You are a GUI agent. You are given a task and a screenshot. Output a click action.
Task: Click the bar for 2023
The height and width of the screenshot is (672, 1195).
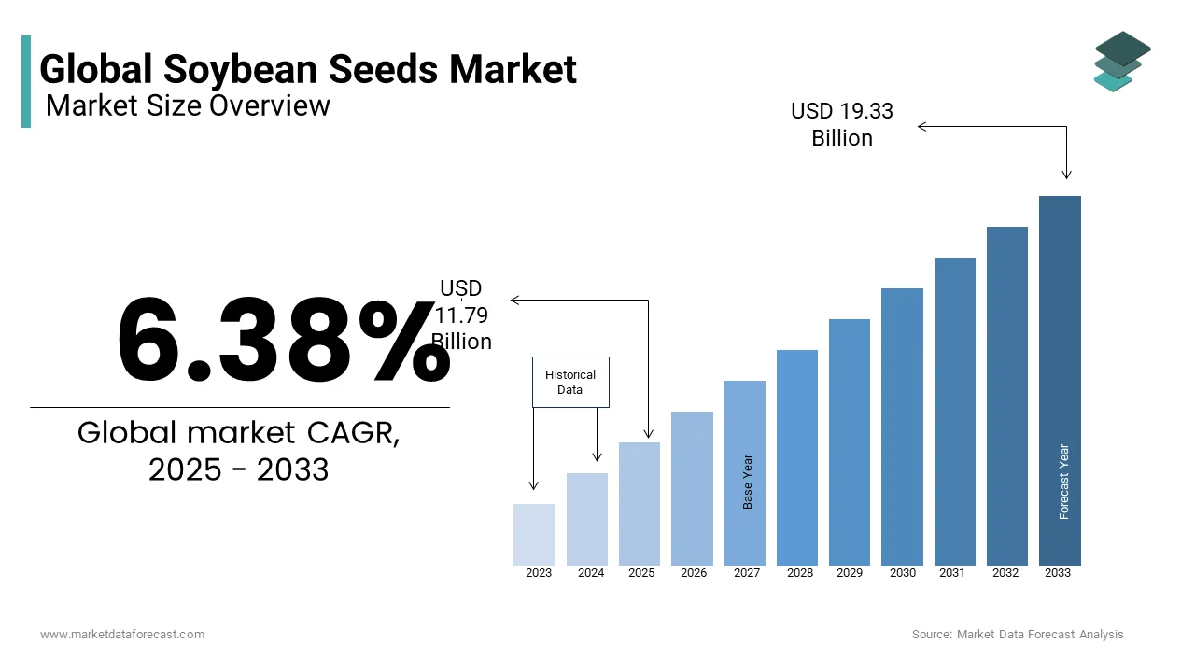coord(534,534)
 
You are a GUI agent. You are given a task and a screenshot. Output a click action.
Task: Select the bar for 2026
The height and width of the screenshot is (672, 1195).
coord(692,488)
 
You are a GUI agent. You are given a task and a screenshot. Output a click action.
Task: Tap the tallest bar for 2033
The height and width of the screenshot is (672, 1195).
coord(1060,380)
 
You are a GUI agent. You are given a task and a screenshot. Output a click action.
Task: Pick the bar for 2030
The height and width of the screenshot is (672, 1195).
coord(902,427)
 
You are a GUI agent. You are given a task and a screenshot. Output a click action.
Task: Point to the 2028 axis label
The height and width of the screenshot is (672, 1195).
coord(800,573)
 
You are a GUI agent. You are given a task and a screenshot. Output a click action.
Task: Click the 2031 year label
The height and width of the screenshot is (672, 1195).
coord(952,573)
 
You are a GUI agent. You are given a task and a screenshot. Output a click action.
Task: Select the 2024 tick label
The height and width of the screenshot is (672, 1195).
coord(591,573)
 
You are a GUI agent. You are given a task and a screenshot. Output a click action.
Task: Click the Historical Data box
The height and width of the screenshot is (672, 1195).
coord(570,382)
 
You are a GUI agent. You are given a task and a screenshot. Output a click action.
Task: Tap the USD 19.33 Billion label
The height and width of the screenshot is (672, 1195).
coord(842,124)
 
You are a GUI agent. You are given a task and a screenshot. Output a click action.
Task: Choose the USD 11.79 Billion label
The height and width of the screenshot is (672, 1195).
coord(461,315)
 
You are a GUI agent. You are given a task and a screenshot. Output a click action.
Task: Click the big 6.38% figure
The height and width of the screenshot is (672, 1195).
coord(283,340)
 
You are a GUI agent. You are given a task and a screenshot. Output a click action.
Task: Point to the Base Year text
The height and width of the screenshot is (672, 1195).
coord(748,482)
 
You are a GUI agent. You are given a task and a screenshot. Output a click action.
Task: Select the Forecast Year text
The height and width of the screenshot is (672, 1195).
coord(1064,482)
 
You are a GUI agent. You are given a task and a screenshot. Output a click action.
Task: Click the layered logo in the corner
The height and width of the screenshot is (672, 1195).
coord(1122,61)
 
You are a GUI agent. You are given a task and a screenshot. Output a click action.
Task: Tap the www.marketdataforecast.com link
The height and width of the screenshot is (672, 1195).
coord(122,635)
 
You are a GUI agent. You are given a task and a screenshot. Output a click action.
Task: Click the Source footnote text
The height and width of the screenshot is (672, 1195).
coord(1018,635)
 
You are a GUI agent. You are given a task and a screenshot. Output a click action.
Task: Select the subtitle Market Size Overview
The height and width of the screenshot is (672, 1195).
coord(188,105)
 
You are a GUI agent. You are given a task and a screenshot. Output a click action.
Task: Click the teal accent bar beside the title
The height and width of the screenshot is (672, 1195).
coord(26,81)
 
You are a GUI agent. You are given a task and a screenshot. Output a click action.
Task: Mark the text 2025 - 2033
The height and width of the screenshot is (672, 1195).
coord(238,469)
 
